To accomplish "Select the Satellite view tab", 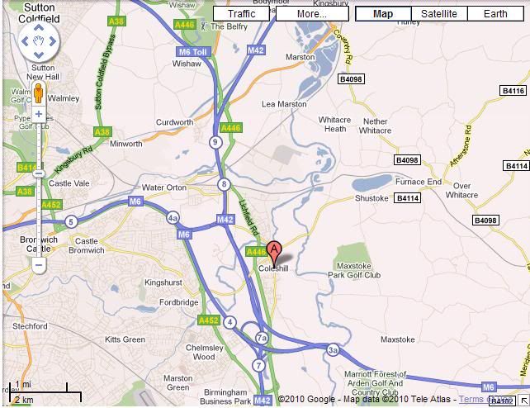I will point(438,14).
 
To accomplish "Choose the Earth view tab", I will point(495,14).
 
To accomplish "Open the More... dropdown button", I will point(311,14).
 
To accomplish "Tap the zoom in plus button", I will point(39,114).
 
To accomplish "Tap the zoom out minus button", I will point(39,266).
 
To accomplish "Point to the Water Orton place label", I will point(164,188).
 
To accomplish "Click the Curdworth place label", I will point(174,122).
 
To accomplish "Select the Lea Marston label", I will point(284,105).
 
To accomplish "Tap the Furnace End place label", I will point(418,182).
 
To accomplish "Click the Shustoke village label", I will point(371,198).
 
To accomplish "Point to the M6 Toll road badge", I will point(192,51).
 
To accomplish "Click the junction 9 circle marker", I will point(216,143).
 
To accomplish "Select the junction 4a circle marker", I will point(173,218).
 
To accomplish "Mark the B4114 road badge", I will point(407,198).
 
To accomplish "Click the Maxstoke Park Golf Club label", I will point(354,270).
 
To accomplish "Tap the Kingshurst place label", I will point(163,282).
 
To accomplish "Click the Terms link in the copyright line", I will point(471,400).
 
